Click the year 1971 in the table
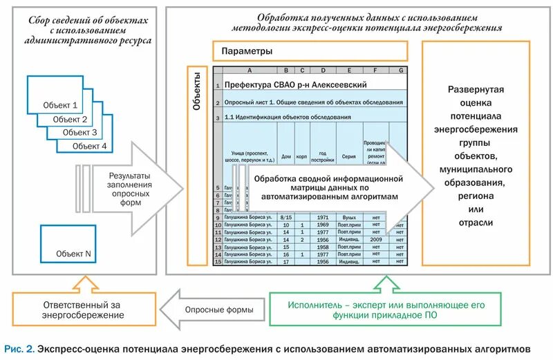[322, 217]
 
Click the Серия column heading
[349, 157]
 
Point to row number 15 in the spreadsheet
[217, 261]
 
